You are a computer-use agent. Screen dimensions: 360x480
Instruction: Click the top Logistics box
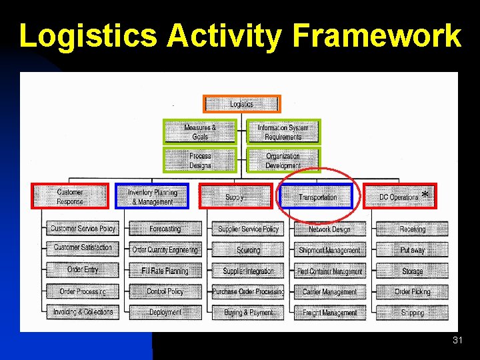coord(242,104)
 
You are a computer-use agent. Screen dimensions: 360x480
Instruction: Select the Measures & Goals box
coord(200,132)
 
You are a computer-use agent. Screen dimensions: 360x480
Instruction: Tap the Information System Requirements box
coord(283,132)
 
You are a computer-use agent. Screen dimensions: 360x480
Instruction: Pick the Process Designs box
coord(200,161)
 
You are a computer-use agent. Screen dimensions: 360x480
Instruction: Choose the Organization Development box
coord(283,161)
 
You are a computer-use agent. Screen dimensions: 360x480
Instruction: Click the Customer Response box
coord(70,197)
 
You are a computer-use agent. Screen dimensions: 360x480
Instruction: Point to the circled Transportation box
coord(317,197)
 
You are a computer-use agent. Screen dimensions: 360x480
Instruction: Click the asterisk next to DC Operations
coord(425,195)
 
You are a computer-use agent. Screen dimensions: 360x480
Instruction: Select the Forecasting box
coord(165,229)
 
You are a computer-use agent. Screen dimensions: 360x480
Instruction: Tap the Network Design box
coord(329,229)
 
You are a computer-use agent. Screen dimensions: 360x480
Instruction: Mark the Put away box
coord(412,250)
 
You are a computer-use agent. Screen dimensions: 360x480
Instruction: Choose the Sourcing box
coord(248,250)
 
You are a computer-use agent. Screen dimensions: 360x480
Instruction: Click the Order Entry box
coord(83,270)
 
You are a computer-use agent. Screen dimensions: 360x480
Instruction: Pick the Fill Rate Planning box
coord(165,271)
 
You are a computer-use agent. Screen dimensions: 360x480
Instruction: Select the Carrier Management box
coord(329,291)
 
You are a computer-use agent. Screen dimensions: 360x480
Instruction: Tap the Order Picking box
coord(412,291)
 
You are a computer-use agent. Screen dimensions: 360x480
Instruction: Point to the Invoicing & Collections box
coord(83,312)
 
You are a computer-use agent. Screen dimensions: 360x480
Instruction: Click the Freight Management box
coord(329,312)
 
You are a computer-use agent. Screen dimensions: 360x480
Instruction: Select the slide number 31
coord(457,341)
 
